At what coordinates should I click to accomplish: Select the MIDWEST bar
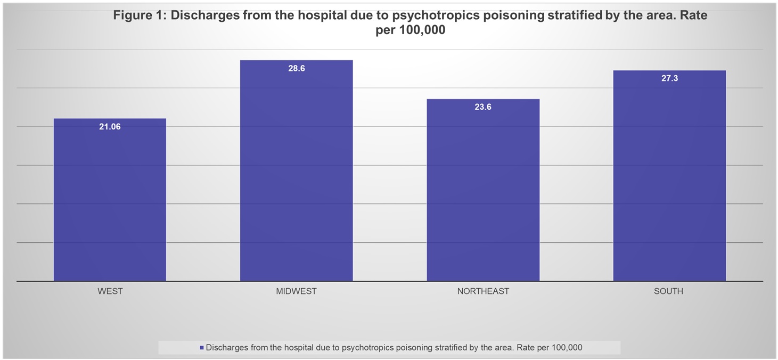click(x=296, y=170)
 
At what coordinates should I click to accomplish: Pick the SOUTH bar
click(x=669, y=176)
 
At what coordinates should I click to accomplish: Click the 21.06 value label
click(x=110, y=127)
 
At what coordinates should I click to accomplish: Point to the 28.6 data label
click(x=296, y=69)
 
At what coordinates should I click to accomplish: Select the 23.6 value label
click(x=483, y=107)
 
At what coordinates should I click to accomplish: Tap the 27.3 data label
click(x=669, y=78)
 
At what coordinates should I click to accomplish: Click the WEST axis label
click(x=110, y=291)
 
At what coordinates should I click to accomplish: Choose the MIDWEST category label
click(x=296, y=291)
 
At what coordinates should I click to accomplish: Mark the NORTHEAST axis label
click(x=483, y=291)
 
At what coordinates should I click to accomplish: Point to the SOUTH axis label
click(x=669, y=291)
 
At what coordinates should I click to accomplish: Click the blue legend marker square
click(x=201, y=348)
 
